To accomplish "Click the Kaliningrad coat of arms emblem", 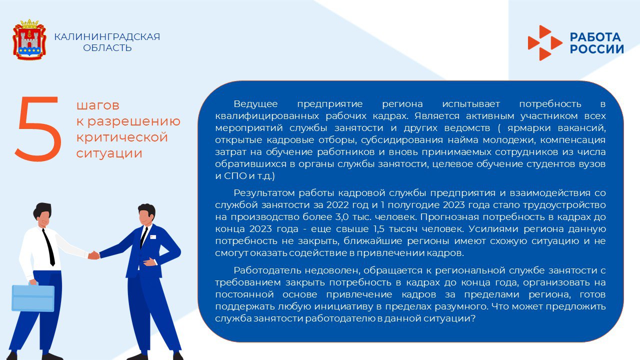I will [29, 40].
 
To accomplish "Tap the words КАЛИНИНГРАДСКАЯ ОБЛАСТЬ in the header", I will [107, 42].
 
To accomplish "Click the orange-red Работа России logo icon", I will [544, 43].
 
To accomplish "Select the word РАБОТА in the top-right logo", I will [595, 37].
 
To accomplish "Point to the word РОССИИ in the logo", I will [597, 49].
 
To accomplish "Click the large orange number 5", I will [38, 129].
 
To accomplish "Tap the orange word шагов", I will [98, 105].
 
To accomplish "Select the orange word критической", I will [122, 137].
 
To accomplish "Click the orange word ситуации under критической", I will [109, 153].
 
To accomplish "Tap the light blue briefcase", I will [33, 297].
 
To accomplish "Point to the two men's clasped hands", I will [93, 255].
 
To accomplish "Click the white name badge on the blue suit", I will [152, 236].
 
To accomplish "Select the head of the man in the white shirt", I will [44, 214].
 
